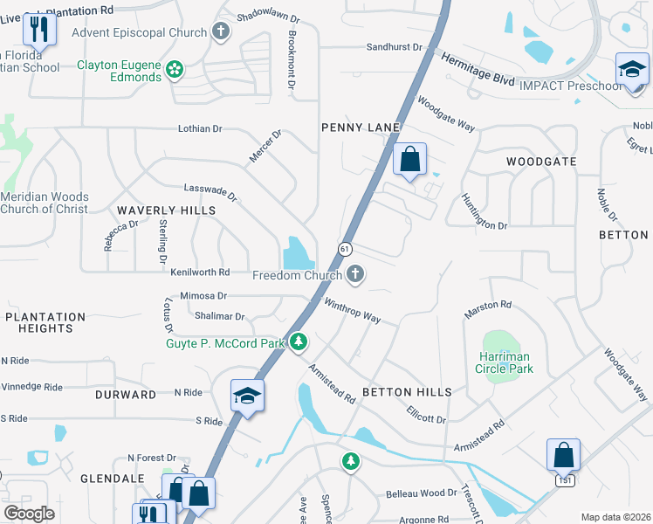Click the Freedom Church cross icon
coord(354,276)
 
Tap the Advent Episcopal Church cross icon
coord(222,33)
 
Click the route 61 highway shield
coord(345,249)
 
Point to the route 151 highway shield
coord(567,481)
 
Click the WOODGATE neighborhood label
coord(541,162)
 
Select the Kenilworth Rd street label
coord(200,272)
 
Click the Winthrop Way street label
coord(352,311)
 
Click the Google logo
coord(29,513)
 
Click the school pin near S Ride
coord(247,395)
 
